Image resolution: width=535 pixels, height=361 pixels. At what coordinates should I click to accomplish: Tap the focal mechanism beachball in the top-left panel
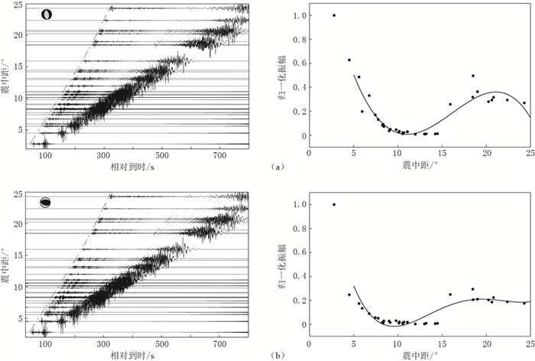47,14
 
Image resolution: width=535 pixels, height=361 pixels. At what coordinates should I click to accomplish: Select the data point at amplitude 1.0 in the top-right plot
334,15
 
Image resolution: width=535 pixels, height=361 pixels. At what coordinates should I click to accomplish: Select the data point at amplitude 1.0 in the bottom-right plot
334,204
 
